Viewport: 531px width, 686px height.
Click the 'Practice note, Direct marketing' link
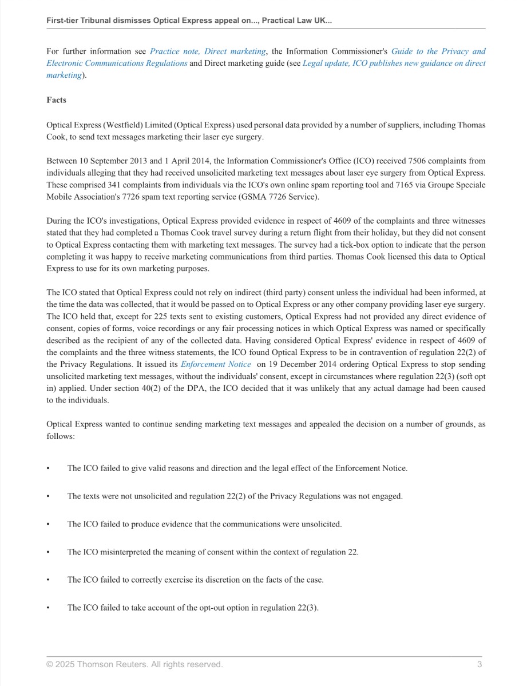point(207,51)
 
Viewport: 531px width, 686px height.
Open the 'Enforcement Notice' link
point(216,364)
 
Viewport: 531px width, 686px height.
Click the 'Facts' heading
point(56,100)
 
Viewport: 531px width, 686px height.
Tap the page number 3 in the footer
point(480,664)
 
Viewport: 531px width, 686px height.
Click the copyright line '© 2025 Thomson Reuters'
point(134,664)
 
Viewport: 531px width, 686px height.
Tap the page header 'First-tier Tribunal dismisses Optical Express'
point(189,21)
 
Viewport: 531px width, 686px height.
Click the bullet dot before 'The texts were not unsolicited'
point(49,496)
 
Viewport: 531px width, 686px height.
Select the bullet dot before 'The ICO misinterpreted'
point(49,552)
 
